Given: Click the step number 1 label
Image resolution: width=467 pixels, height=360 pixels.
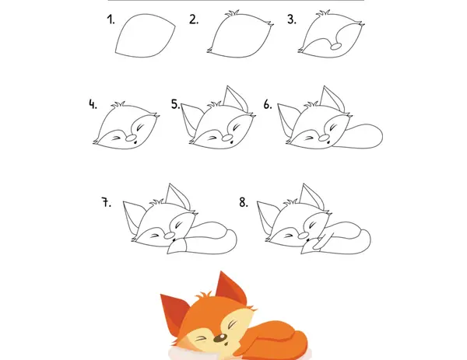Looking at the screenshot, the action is tap(111, 20).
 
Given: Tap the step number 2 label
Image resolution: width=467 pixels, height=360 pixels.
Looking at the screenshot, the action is tap(194, 19).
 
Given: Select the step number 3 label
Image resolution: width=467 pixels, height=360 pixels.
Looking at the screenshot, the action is tap(292, 19).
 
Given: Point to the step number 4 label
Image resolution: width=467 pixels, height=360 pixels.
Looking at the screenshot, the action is tap(93, 104).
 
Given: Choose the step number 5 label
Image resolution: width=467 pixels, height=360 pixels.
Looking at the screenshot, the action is tap(175, 104).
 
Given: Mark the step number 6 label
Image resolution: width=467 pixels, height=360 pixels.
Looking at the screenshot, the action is tap(268, 104).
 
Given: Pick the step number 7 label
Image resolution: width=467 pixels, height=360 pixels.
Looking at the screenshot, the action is tap(107, 202).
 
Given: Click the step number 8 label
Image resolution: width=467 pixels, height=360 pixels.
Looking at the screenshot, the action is tap(244, 202).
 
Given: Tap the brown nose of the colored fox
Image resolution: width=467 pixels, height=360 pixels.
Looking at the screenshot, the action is tap(220, 337).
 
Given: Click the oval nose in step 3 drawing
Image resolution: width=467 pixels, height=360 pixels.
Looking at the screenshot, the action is tap(336, 47).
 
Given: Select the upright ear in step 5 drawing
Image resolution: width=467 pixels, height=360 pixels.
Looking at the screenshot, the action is tap(236, 99).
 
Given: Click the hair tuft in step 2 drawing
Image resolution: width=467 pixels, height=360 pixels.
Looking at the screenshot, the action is tap(232, 13).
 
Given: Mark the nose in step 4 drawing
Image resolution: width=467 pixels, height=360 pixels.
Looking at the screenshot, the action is tap(131, 138).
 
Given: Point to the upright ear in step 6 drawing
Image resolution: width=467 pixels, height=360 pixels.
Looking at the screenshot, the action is tap(333, 99).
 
